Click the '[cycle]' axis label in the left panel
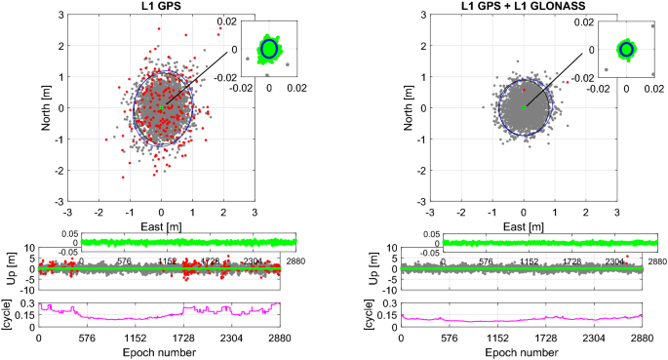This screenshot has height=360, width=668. (x=13, y=315)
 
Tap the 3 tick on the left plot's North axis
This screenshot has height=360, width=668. (x=59, y=15)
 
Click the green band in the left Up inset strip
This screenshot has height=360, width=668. (x=176, y=241)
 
